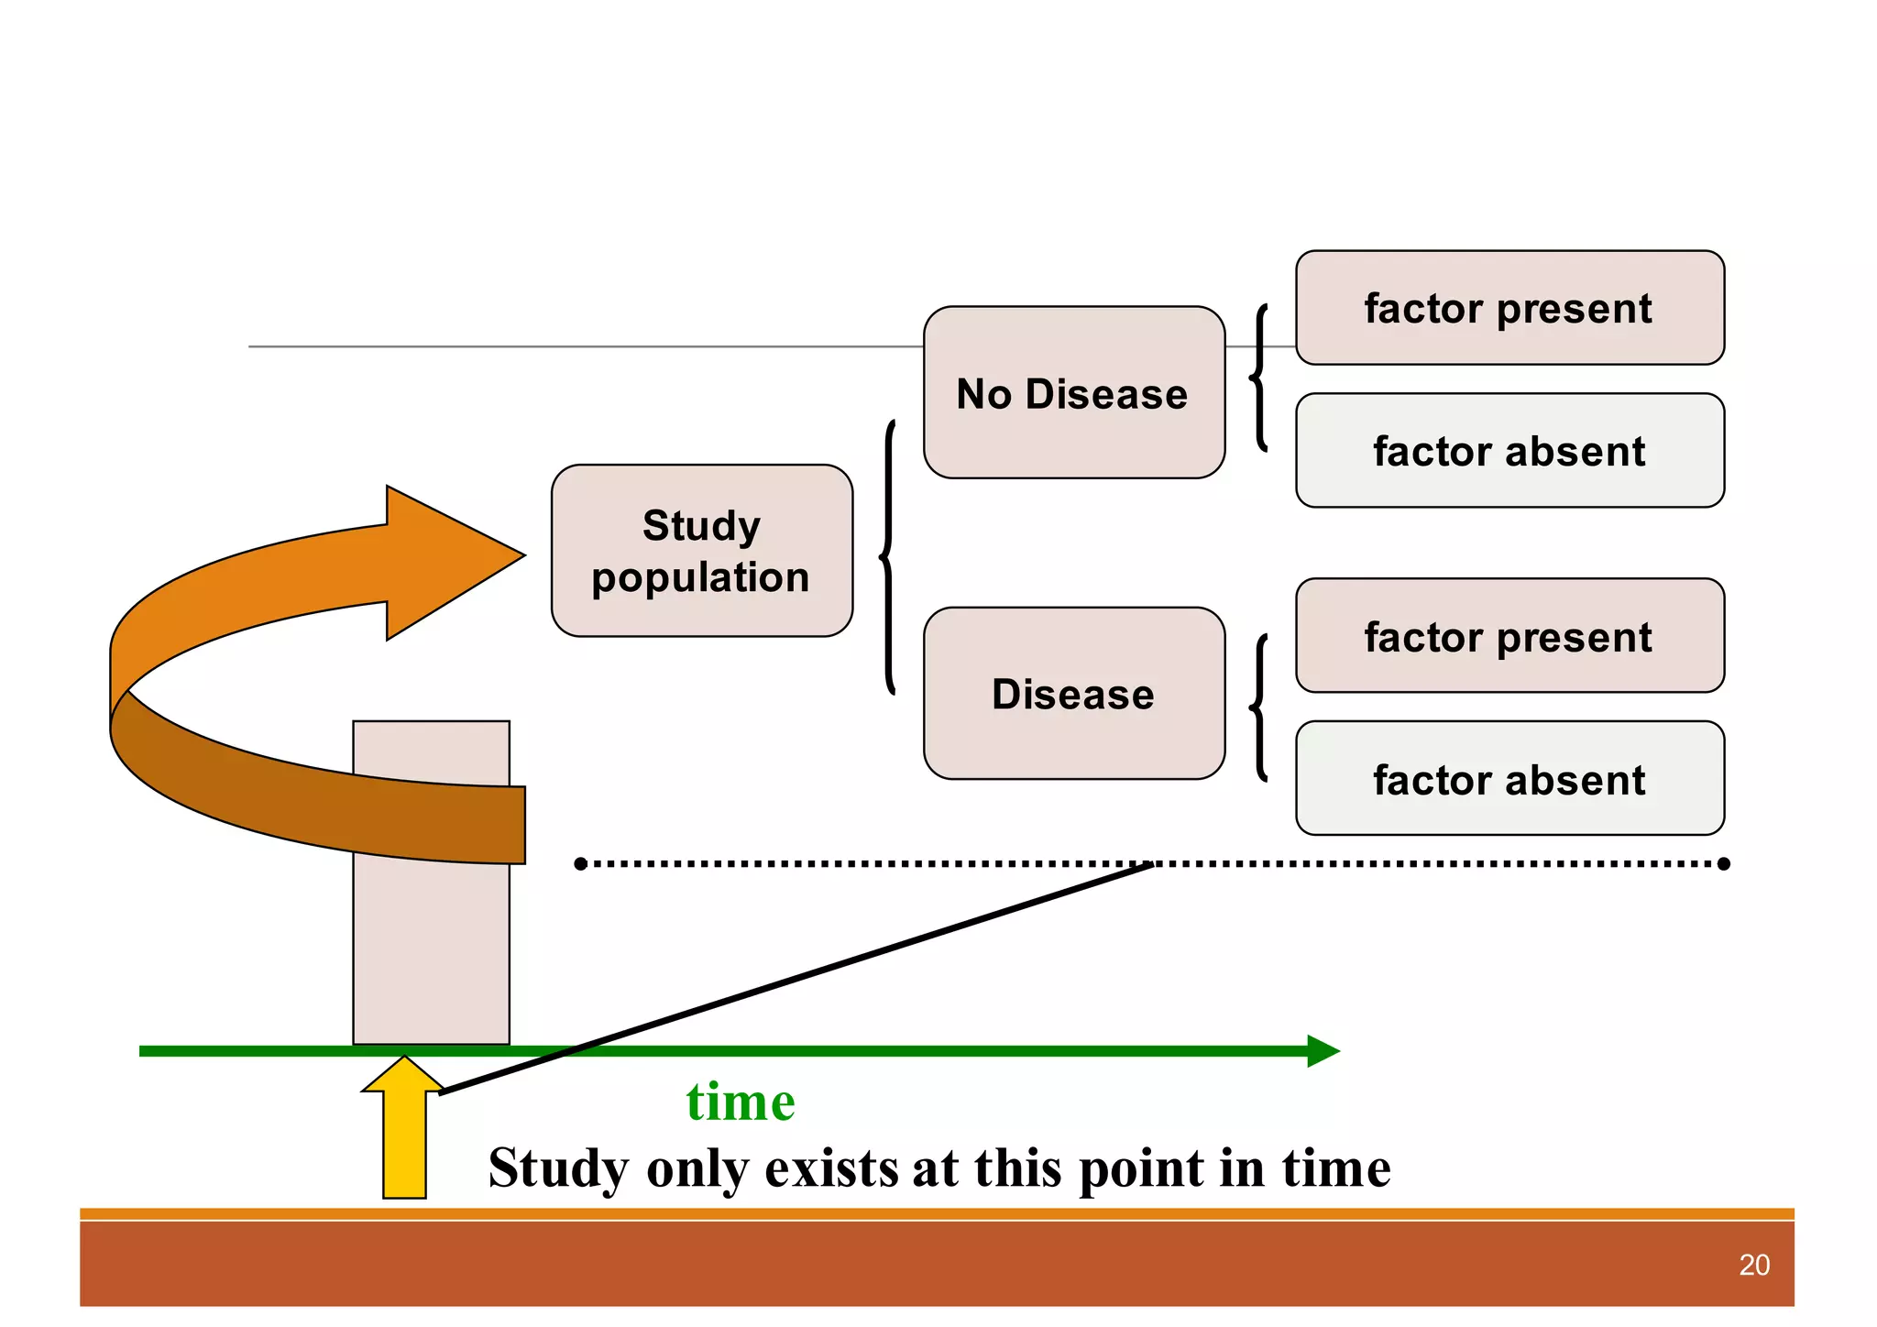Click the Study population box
[701, 551]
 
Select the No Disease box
[1073, 392]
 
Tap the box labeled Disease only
[1073, 693]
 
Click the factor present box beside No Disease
[1509, 308]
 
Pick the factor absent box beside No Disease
[1509, 451]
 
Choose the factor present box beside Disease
[1509, 636]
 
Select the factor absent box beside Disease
[1509, 779]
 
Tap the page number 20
[1753, 1265]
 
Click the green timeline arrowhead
[1323, 1051]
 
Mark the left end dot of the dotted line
[580, 863]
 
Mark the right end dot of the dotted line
[1723, 863]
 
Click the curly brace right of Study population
[887, 556]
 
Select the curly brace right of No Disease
[1259, 378]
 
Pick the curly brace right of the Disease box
[1259, 707]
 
